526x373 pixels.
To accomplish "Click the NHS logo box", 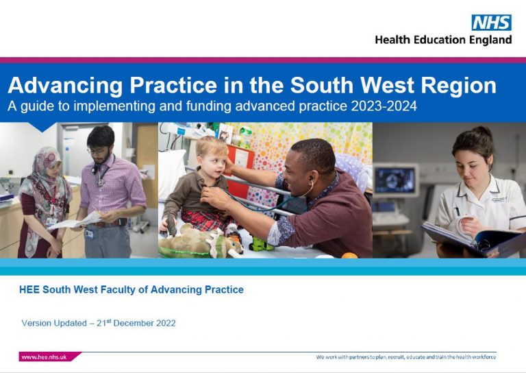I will (491, 23).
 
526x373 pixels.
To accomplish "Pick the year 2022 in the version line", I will (165, 323).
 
